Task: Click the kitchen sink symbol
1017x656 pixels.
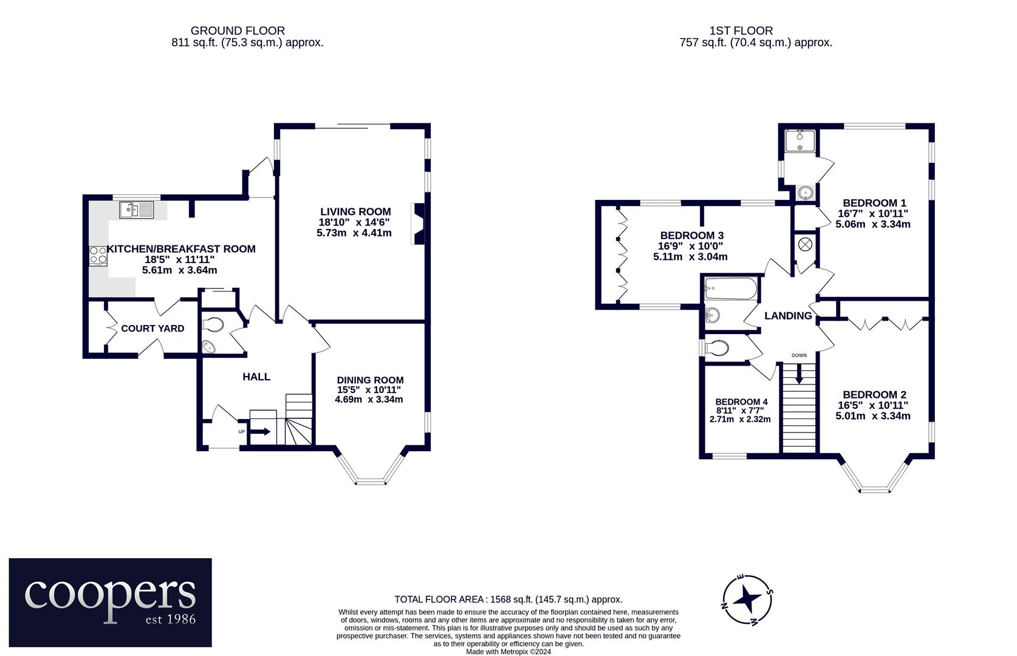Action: coord(137,210)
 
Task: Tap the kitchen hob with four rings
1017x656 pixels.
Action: coord(98,256)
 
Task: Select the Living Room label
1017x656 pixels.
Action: coord(355,211)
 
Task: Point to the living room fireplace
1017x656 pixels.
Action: coord(419,224)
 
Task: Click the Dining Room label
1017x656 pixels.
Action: coord(370,380)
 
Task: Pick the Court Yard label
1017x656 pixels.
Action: coord(152,328)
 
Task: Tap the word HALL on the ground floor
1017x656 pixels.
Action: coord(256,377)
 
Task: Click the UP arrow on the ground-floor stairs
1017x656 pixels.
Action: coord(260,431)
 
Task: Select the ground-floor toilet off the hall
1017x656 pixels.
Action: coord(213,324)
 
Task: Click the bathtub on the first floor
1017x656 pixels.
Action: coord(730,289)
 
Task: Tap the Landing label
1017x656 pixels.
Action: coord(788,315)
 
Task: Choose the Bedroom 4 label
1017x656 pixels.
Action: coord(741,401)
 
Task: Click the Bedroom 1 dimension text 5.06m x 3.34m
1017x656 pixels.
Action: coord(872,224)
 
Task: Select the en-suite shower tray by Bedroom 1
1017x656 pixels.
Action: coord(800,141)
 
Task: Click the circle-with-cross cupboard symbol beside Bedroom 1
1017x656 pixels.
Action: coord(805,245)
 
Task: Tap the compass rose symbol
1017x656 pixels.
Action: coord(747,600)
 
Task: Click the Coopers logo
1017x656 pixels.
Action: coord(111,603)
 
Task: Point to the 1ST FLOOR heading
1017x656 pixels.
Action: coord(741,31)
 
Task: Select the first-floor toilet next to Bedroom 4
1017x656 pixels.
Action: coord(716,348)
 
